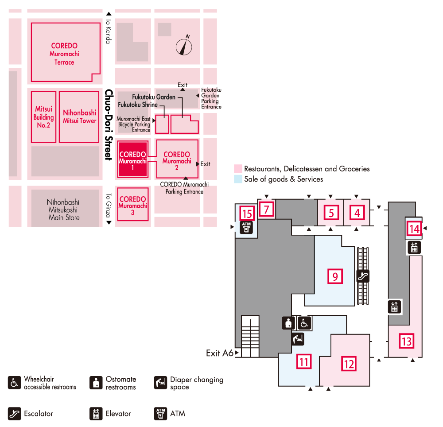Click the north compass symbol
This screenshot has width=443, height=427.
coord(184,46)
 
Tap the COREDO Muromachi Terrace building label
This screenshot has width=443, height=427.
coord(64,54)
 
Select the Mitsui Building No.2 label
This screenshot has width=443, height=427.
coord(44,117)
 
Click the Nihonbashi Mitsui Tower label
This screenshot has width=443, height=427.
coord(79,116)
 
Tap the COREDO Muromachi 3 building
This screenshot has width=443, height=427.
coord(132,206)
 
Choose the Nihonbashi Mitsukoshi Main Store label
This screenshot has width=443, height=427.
coord(64,210)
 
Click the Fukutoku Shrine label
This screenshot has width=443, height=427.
coord(137,105)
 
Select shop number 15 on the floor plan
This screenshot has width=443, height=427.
coord(247,214)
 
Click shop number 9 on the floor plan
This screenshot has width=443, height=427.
coord(335,276)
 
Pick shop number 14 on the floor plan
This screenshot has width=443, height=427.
coord(414,229)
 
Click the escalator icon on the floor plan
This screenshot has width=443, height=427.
coord(363,276)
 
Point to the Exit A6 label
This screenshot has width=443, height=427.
coord(220,353)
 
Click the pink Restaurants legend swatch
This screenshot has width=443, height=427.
coord(238,169)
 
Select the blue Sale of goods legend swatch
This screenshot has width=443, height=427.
coord(238,179)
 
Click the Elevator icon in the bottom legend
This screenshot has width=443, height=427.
coord(96,414)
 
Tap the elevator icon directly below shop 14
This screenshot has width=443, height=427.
coord(414,247)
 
